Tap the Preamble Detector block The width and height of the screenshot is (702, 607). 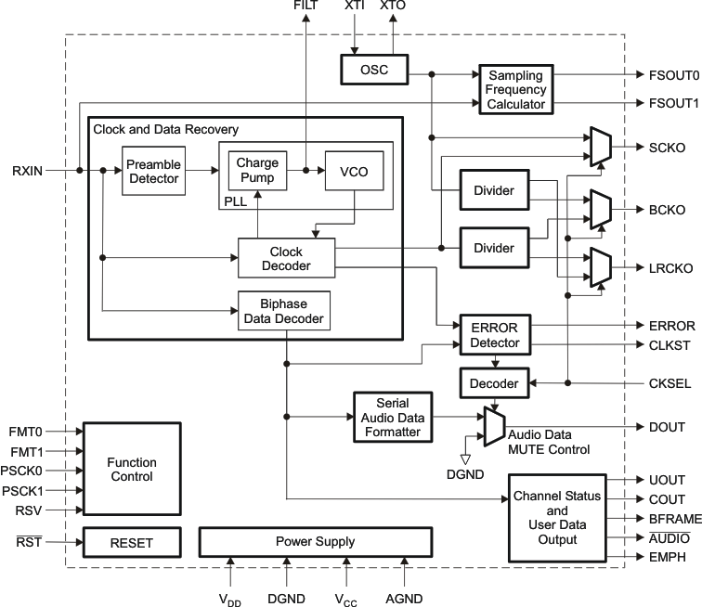[153, 170]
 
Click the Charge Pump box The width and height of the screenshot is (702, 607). [256, 170]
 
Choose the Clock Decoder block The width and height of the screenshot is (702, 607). [286, 259]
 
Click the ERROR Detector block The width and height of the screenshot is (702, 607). [494, 335]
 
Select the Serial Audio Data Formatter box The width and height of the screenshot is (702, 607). [394, 417]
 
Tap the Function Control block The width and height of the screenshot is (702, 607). [131, 470]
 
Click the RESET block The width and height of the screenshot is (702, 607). [131, 541]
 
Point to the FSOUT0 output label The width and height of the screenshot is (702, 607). [668, 75]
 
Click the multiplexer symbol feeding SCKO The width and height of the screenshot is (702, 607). [597, 147]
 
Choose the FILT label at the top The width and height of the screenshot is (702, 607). [305, 6]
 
